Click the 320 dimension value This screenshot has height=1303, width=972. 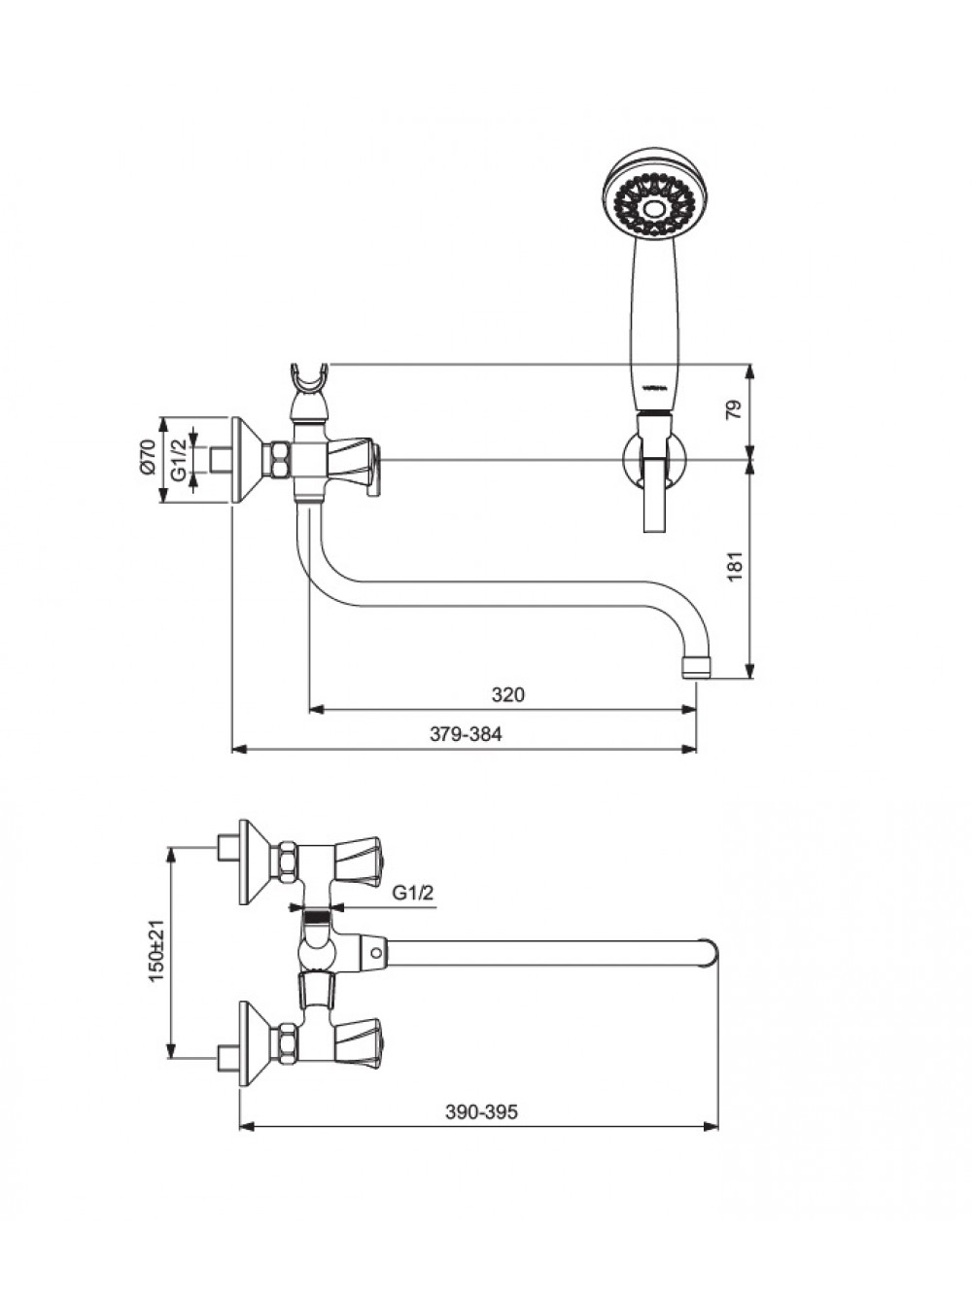(508, 694)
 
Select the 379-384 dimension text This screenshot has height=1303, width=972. (466, 734)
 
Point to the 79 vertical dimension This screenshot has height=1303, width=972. (734, 410)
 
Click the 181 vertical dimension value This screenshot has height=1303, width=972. (735, 566)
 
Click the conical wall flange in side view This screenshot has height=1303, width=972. (248, 460)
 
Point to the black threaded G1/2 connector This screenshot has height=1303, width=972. (316, 917)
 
